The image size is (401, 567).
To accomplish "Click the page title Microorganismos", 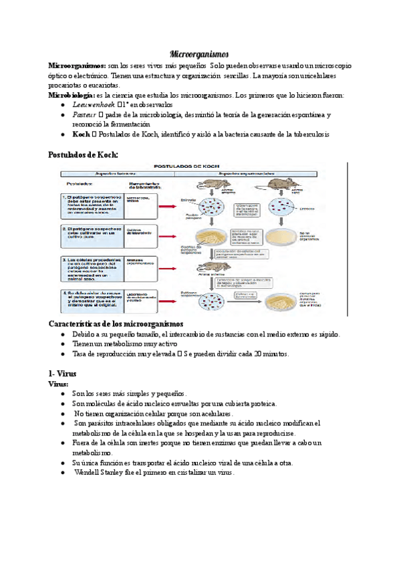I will click(200, 53).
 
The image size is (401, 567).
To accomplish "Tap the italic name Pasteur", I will click(85, 115).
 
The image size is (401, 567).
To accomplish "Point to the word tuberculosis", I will click(307, 135).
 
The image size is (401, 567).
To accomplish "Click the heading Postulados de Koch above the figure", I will click(84, 154).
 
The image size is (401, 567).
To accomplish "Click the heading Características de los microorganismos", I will click(117, 324).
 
